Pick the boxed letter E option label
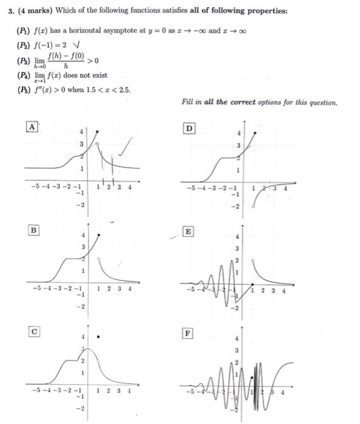[188, 231]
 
